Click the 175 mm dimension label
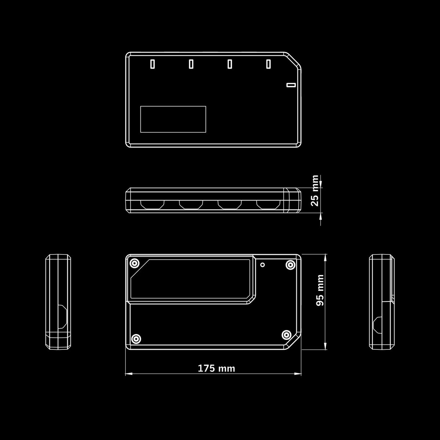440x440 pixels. click(216, 368)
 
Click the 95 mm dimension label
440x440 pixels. click(320, 290)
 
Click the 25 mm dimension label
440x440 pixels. click(315, 191)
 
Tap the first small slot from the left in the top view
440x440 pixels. click(153, 64)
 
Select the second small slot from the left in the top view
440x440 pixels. click(191, 64)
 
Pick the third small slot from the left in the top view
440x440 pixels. click(230, 64)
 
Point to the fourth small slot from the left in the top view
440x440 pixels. click(268, 64)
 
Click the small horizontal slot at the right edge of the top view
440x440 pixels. click(291, 85)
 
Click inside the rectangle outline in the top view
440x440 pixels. click(173, 119)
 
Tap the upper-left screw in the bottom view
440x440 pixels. click(135, 263)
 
